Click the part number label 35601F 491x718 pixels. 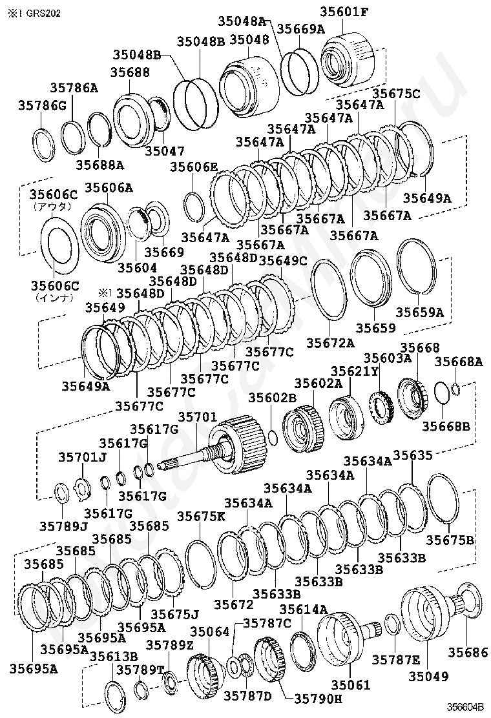pos(344,12)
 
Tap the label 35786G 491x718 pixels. pos(42,106)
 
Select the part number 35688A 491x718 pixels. pos(100,165)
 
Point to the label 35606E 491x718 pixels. pos(194,167)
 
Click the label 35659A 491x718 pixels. pos(420,313)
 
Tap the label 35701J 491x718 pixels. pos(83,457)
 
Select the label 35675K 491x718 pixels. pos(201,517)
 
